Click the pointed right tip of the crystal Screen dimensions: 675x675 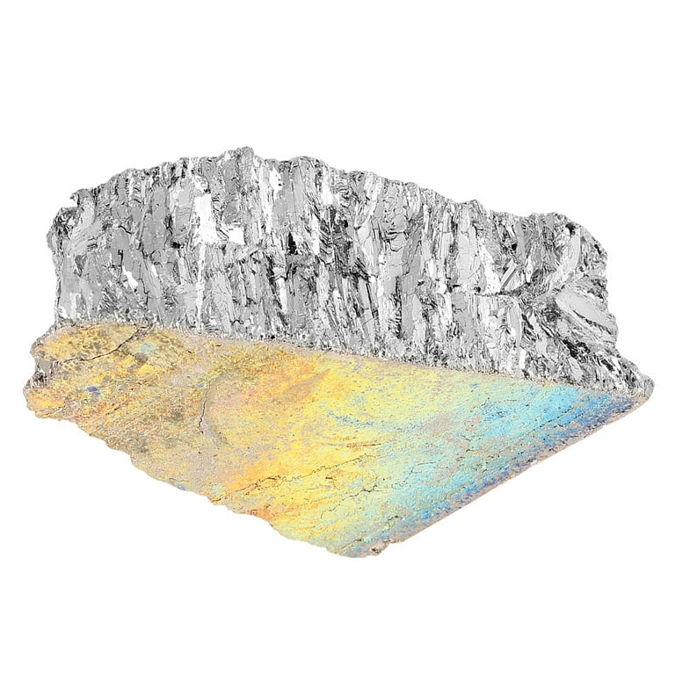click(x=649, y=384)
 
